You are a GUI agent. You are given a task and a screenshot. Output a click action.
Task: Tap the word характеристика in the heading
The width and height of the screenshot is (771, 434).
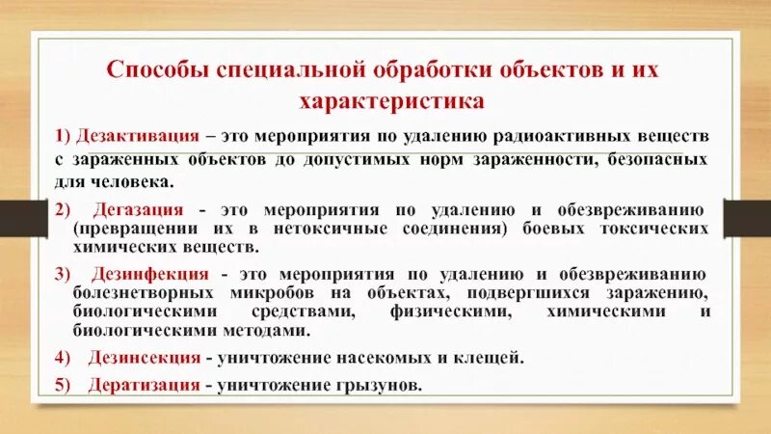pyautogui.click(x=386, y=99)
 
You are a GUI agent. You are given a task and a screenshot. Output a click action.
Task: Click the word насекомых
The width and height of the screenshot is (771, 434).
pyautogui.click(x=395, y=357)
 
